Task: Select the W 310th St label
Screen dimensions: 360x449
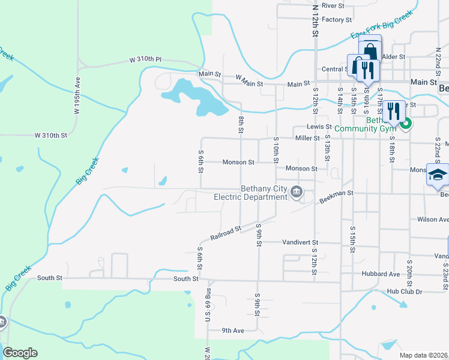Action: [51, 136]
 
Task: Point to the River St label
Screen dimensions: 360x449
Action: [333, 5]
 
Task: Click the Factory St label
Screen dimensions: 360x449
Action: [336, 19]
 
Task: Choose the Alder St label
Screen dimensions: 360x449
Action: [394, 56]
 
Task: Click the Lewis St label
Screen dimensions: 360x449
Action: [319, 127]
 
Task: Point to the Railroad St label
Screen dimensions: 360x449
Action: [226, 233]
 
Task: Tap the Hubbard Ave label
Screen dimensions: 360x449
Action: [381, 274]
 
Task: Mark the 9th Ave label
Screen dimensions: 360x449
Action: [233, 330]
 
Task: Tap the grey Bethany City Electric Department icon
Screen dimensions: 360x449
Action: [296, 192]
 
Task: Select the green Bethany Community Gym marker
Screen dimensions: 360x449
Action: [406, 124]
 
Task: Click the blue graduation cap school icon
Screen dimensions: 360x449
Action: [438, 175]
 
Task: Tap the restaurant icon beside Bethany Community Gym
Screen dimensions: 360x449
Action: [393, 110]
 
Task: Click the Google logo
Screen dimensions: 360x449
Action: [20, 353]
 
